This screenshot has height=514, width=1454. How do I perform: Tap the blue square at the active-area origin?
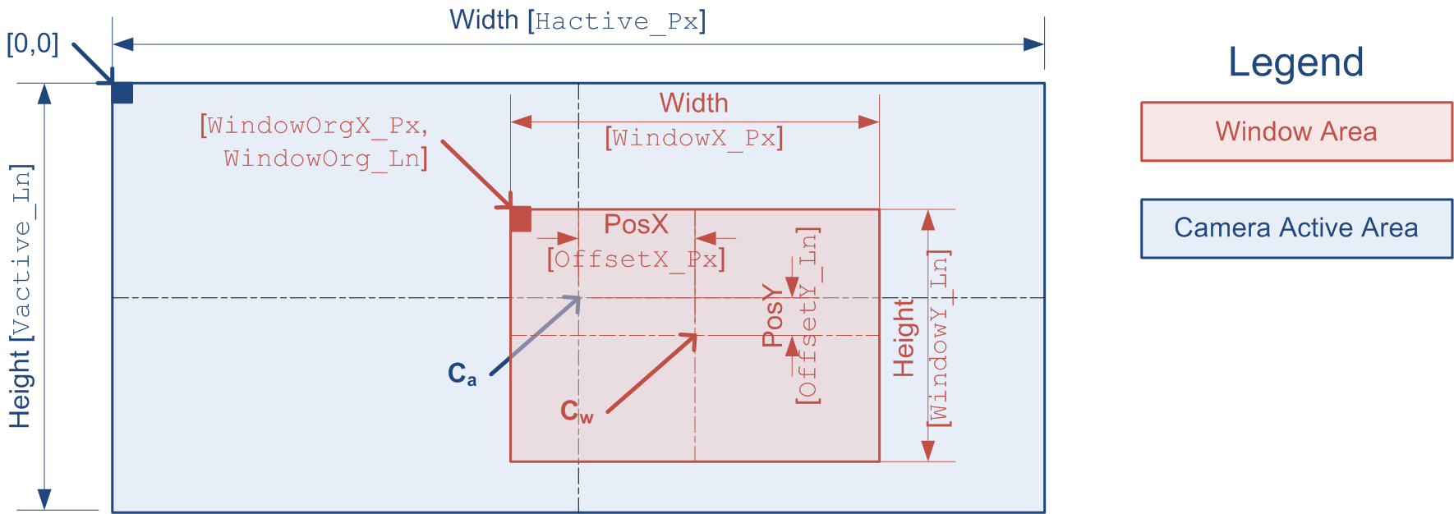pos(122,93)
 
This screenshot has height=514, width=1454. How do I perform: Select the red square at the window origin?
pos(520,219)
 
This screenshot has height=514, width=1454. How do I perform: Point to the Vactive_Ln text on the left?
pos(21,253)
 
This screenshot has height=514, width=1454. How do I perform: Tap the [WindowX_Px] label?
pos(694,137)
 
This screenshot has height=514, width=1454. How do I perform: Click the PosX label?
pos(636,224)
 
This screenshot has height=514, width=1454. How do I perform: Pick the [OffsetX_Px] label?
pos(636,259)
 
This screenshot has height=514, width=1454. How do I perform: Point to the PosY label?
pos(772,315)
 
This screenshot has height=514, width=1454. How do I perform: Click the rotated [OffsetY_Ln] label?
pos(808,315)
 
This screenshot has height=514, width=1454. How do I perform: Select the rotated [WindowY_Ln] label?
pos(938,337)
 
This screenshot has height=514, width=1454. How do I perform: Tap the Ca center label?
pos(462,374)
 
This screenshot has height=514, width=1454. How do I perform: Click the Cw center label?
pos(576,411)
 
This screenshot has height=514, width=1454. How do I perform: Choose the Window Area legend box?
pos(1295,131)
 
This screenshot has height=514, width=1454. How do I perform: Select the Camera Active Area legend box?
pos(1295,227)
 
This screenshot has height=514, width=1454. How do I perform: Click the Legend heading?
pos(1295,62)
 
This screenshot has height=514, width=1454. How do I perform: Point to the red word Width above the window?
pos(693,103)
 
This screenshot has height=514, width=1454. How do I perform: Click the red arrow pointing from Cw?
pos(651,373)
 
